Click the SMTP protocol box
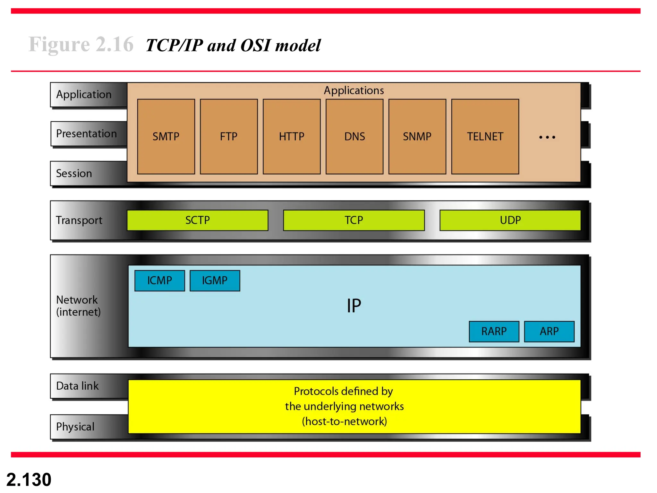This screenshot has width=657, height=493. (x=166, y=136)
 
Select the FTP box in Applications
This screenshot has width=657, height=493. (x=229, y=136)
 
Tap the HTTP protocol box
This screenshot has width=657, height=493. (x=292, y=136)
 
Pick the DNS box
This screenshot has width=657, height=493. (x=354, y=136)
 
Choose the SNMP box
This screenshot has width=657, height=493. (x=417, y=136)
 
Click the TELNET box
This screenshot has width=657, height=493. (x=485, y=136)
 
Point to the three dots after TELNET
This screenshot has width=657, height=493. (x=547, y=137)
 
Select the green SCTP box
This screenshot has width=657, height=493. (x=198, y=220)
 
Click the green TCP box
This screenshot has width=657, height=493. (x=354, y=220)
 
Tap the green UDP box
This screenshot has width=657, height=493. (x=510, y=220)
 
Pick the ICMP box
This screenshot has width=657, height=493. (x=160, y=281)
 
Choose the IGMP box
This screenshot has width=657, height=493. (x=215, y=281)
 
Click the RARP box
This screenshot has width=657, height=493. (x=494, y=331)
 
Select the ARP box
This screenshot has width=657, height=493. (x=549, y=331)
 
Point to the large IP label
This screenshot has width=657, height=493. (x=354, y=306)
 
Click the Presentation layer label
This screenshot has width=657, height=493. (x=86, y=134)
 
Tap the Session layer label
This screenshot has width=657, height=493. (x=74, y=173)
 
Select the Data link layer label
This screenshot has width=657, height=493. (x=77, y=386)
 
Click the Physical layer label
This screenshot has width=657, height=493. (x=75, y=427)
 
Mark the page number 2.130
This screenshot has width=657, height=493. (x=29, y=480)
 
